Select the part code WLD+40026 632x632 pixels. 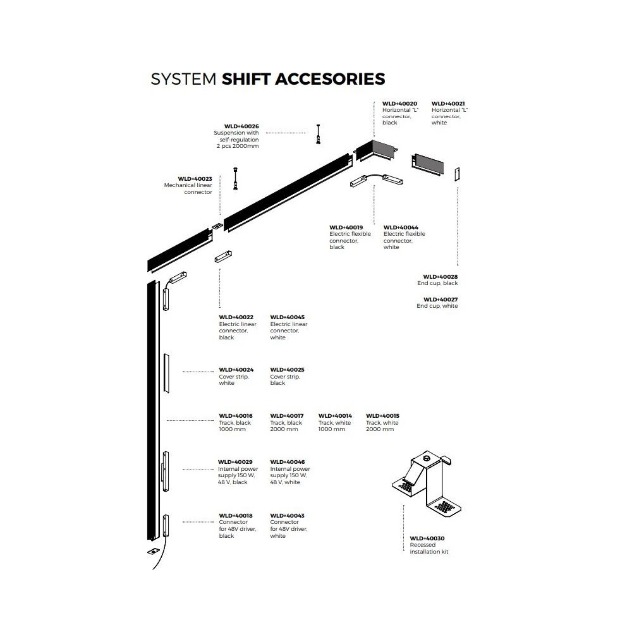(241, 126)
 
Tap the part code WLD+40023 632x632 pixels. (195, 179)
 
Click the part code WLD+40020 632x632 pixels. (400, 103)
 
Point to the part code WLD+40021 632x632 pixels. (448, 103)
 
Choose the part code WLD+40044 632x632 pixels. (401, 227)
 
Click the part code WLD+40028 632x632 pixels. (441, 276)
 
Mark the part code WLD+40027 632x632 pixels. (441, 299)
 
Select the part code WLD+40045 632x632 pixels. (287, 317)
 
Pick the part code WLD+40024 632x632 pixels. (236, 370)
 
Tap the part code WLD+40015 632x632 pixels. (382, 416)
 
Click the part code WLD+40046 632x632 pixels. (287, 462)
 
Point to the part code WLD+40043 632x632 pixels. (287, 516)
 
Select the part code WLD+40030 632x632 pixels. (427, 538)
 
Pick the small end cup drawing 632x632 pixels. (458, 173)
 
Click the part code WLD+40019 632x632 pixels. (346, 227)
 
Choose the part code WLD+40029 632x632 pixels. (235, 462)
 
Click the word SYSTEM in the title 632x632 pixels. (184, 78)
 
